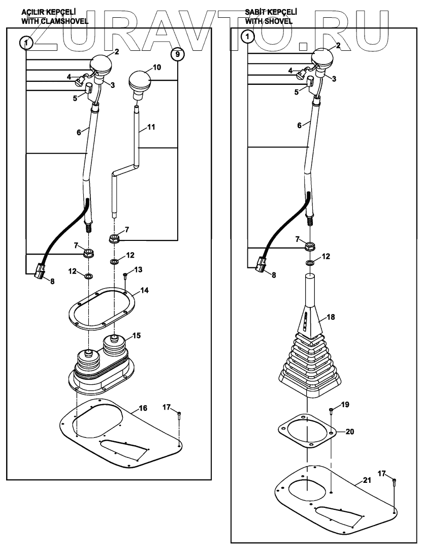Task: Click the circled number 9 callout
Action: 177,54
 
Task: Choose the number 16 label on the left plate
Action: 143,408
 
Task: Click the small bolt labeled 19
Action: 331,410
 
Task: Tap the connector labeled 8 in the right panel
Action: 262,265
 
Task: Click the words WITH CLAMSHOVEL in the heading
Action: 54,21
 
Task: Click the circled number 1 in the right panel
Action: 247,37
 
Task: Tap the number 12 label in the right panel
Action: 326,257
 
